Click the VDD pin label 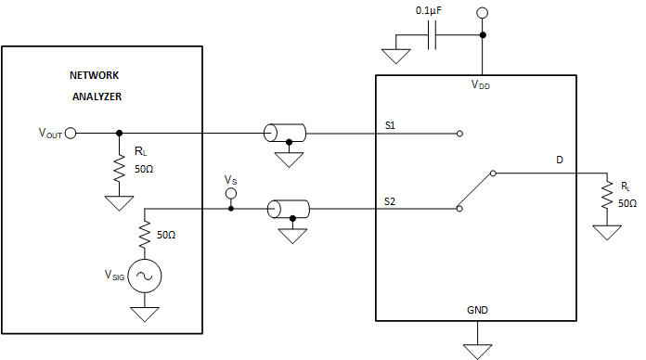(480, 86)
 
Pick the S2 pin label (391, 199)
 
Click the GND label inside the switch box (479, 309)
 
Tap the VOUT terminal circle (71, 133)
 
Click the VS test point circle (231, 193)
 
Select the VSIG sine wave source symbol (145, 276)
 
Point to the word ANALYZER (97, 96)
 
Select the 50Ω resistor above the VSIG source (145, 236)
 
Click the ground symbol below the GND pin (478, 350)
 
